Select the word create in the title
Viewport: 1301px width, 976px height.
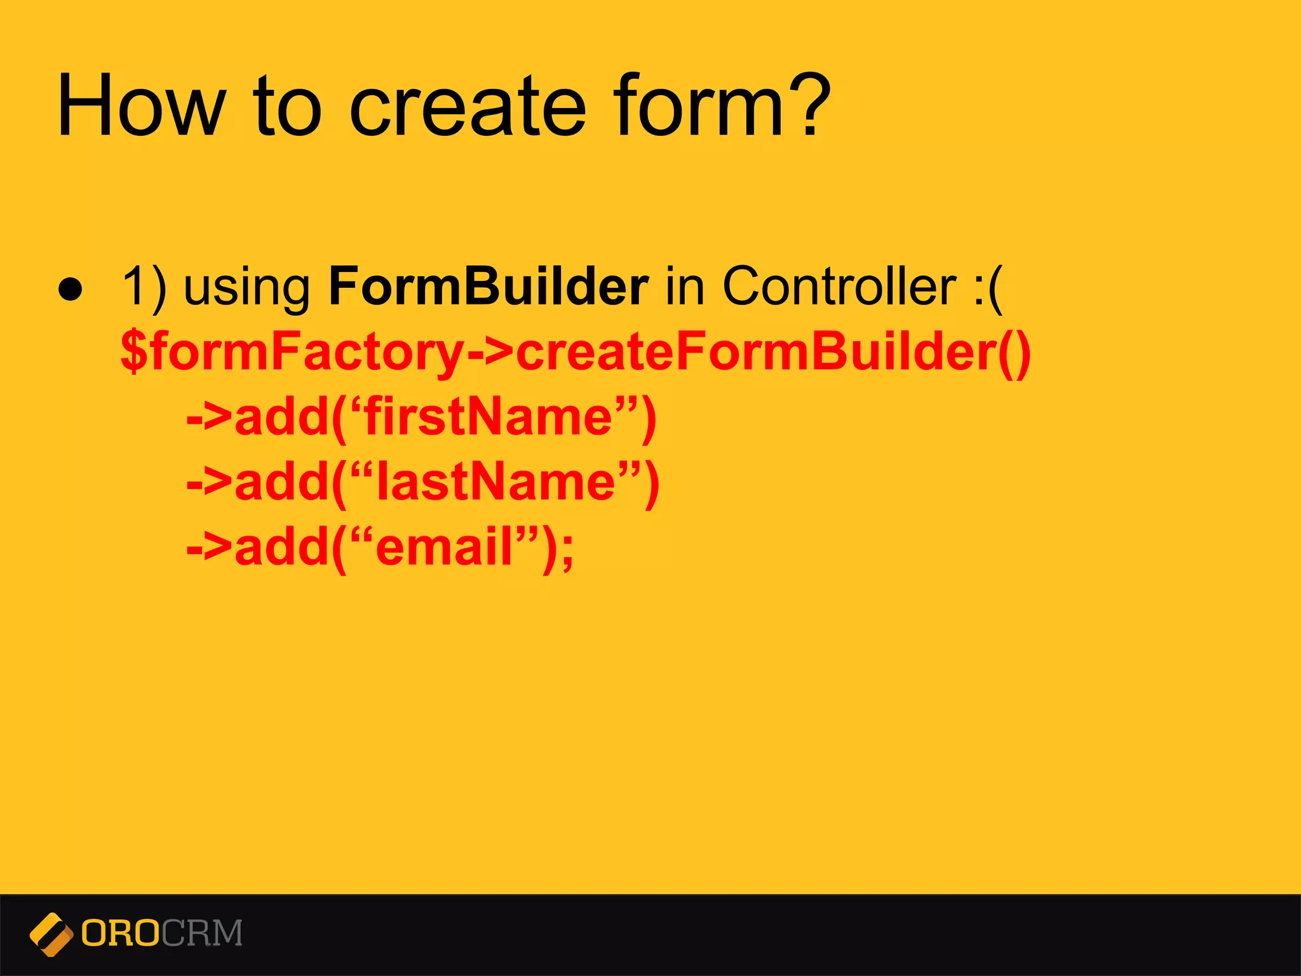(x=467, y=105)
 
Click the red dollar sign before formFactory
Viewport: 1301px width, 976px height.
(x=134, y=351)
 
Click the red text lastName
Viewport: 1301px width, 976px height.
(x=495, y=482)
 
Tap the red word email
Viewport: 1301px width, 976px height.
(x=444, y=547)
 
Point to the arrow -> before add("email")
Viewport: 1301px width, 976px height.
(x=210, y=547)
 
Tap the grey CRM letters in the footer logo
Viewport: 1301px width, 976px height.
(x=202, y=933)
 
